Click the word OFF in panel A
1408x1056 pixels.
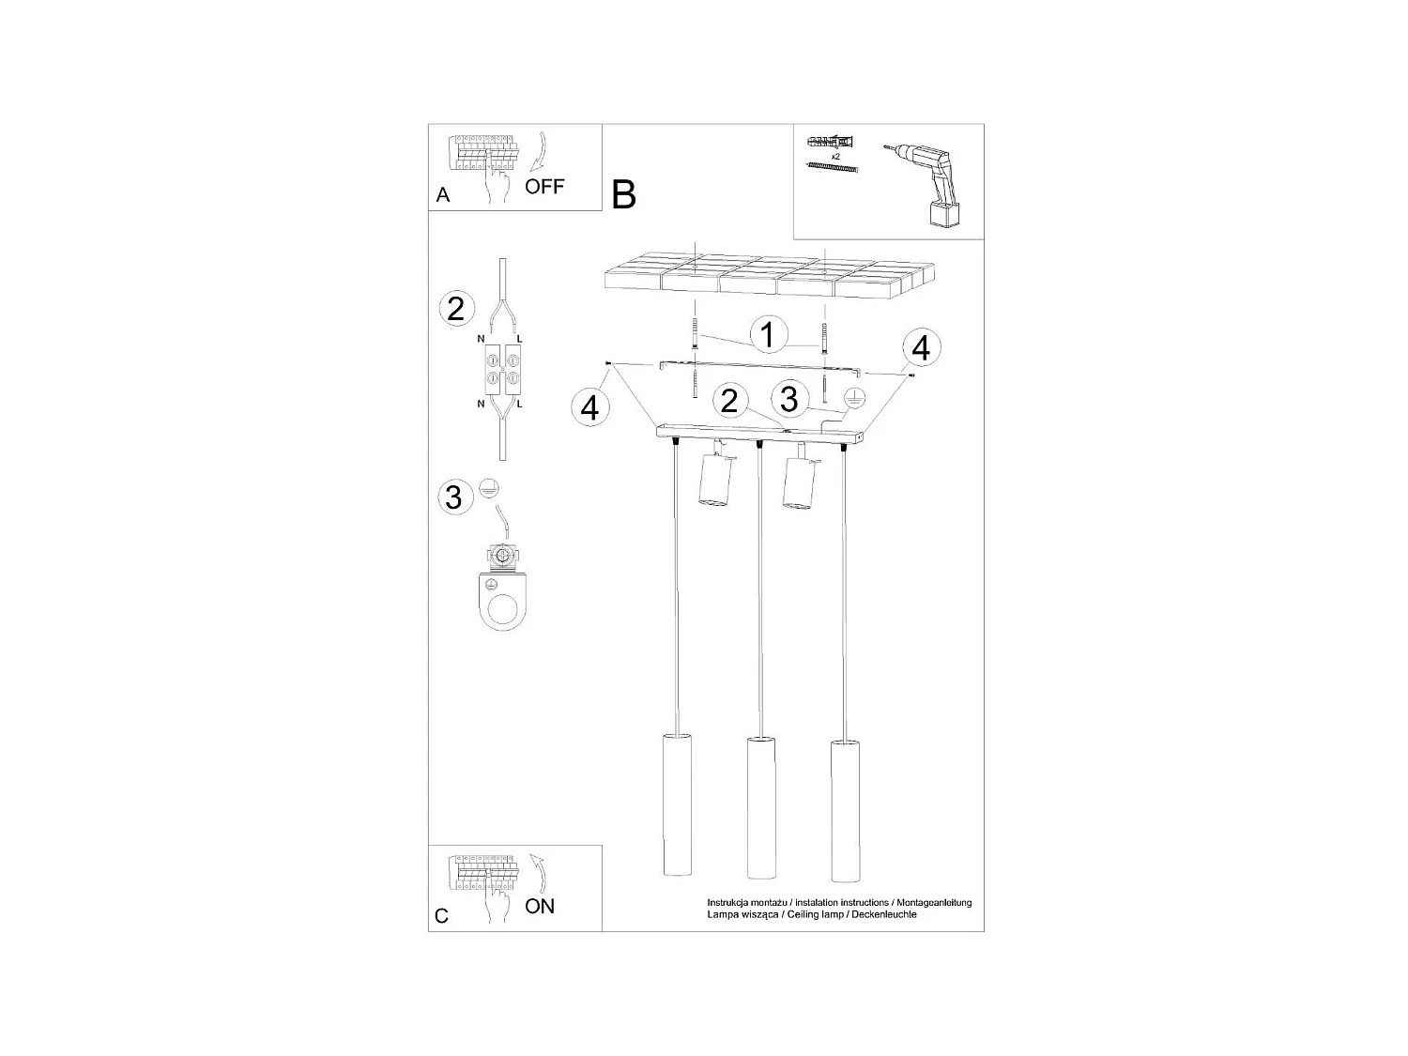click(x=544, y=186)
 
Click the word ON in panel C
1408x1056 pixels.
click(x=540, y=906)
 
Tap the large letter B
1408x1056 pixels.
click(x=623, y=194)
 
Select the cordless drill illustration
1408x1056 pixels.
click(x=924, y=184)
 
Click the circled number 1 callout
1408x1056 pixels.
click(x=768, y=334)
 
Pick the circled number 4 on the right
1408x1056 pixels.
click(x=920, y=348)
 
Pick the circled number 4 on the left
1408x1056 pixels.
click(x=589, y=407)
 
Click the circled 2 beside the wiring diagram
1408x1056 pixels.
click(x=456, y=308)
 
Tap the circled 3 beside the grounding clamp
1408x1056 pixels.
click(x=454, y=496)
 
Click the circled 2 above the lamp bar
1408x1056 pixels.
click(x=728, y=402)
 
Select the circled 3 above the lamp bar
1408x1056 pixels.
click(x=788, y=399)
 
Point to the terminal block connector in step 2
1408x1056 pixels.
click(x=503, y=369)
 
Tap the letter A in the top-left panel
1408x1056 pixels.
click(x=443, y=195)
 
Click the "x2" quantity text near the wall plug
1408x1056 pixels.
click(x=834, y=156)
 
